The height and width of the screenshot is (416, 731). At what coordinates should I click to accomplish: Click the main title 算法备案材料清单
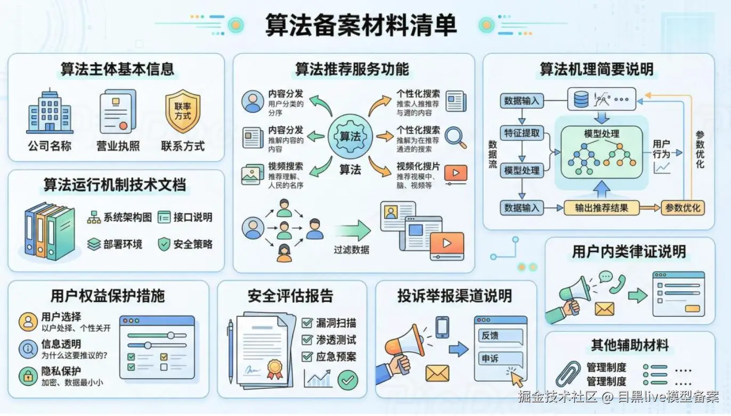[x=361, y=25]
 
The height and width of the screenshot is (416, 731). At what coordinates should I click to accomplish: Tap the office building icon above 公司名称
[x=50, y=111]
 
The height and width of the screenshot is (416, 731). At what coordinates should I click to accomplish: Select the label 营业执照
[x=117, y=146]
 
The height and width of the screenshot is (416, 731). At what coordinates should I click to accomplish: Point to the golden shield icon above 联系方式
[x=183, y=111]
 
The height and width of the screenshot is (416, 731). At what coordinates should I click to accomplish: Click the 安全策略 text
[x=192, y=244]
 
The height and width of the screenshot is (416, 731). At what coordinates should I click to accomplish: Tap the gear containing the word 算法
[x=350, y=136]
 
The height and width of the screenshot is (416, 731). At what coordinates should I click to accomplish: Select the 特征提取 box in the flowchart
[x=522, y=133]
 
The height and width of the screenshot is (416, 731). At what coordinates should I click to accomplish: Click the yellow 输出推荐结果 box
[x=601, y=207]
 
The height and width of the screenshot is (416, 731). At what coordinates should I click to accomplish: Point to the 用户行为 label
[x=661, y=149]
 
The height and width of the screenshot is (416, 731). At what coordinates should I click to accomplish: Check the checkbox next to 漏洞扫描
[x=307, y=323]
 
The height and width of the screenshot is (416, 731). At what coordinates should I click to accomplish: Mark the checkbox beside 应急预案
[x=307, y=356]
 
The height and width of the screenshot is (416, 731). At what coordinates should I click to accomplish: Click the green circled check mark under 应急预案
[x=347, y=380]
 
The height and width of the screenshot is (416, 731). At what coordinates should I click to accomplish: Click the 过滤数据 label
[x=351, y=249]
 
